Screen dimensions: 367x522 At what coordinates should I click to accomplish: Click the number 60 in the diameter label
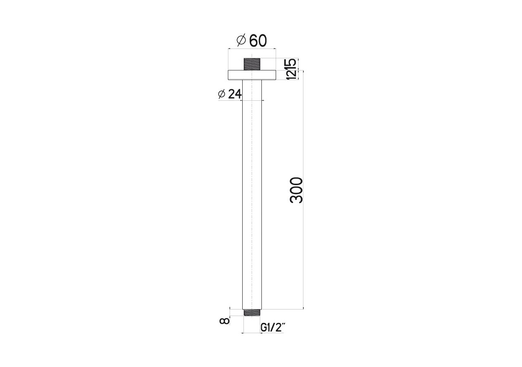(x=258, y=41)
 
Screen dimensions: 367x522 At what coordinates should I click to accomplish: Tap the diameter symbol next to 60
(x=241, y=40)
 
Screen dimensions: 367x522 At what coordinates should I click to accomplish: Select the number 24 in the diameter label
(x=234, y=94)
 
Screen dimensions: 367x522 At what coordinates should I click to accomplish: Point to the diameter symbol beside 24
(x=222, y=94)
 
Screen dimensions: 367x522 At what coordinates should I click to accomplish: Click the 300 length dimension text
(x=296, y=190)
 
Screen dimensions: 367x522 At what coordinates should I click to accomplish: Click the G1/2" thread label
(x=272, y=327)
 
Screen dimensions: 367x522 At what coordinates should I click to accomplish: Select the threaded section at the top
(x=252, y=64)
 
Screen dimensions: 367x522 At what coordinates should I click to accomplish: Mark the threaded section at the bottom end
(x=252, y=312)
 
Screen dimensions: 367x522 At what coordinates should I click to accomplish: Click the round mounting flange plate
(x=252, y=75)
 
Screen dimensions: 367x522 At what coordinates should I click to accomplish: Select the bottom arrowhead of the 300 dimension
(x=303, y=308)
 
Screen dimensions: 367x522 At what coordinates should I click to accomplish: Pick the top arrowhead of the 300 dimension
(x=303, y=71)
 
